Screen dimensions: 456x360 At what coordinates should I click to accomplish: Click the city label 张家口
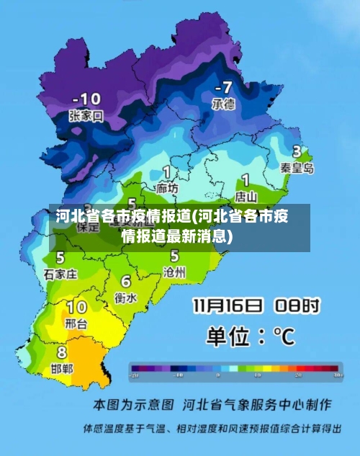tap(86, 115)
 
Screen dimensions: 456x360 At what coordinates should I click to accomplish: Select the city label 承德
tap(222, 104)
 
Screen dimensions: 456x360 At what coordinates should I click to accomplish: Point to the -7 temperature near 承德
tap(223, 87)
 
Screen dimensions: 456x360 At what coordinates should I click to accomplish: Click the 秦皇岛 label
tap(297, 168)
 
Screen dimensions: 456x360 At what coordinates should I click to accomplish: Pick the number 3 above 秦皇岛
tap(297, 152)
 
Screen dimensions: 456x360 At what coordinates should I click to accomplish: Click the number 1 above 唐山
tap(246, 179)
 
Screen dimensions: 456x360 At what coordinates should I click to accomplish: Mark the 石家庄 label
tap(60, 274)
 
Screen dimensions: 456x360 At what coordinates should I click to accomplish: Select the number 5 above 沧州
tap(174, 256)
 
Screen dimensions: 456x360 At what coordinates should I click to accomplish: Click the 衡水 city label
tap(125, 297)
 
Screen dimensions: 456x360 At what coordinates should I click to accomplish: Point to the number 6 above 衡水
tap(126, 282)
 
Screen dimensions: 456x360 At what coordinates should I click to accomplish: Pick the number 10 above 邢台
tap(76, 308)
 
